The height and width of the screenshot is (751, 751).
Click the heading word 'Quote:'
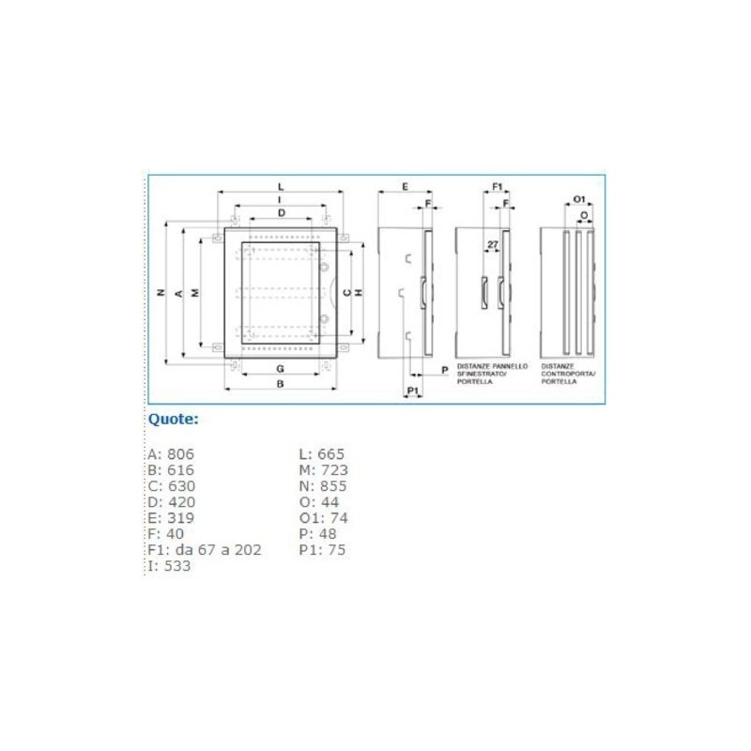tap(174, 419)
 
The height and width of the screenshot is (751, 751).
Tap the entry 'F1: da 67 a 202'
tap(205, 549)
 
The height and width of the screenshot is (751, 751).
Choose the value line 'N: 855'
tap(322, 486)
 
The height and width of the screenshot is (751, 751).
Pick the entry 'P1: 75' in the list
tap(322, 549)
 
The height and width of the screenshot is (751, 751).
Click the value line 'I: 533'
tap(169, 565)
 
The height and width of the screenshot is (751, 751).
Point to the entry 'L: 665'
tap(322, 454)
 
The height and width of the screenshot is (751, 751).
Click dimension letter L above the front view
tap(281, 187)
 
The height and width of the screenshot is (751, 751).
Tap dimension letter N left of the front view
tap(161, 293)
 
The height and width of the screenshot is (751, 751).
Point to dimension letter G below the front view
tap(280, 367)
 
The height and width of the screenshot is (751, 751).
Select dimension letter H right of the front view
tap(359, 293)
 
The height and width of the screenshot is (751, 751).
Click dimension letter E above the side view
tap(404, 187)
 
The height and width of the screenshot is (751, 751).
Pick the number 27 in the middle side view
tap(492, 244)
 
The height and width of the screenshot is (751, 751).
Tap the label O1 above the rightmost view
tap(579, 199)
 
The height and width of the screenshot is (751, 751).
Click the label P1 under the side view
tap(412, 389)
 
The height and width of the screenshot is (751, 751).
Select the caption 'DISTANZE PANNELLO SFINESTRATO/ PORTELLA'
tap(492, 374)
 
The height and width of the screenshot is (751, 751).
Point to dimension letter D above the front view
tap(281, 214)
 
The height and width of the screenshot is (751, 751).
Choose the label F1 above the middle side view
tap(498, 187)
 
